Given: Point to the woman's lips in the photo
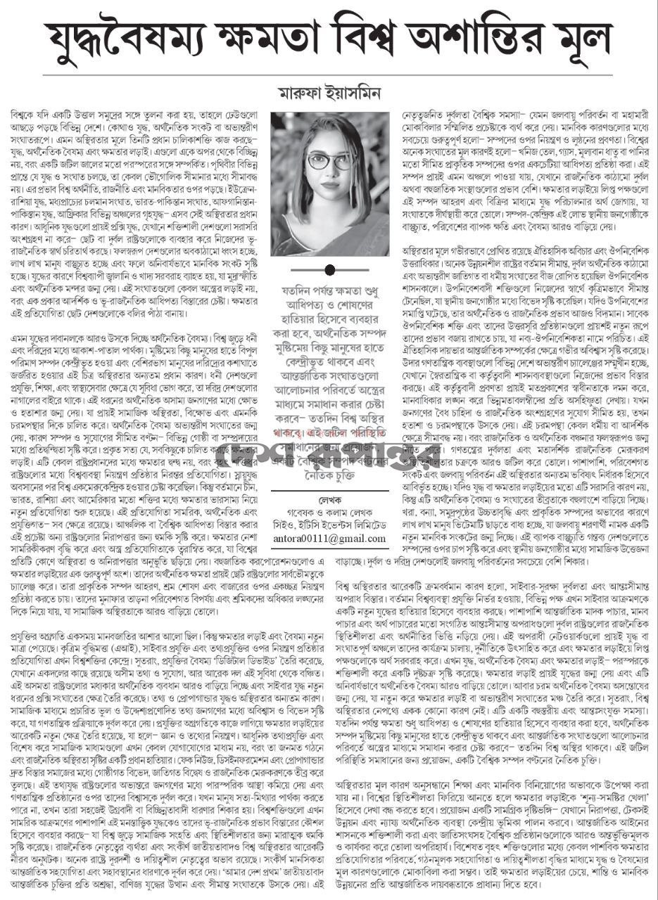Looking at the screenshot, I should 330,184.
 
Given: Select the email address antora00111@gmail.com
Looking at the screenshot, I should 329,539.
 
